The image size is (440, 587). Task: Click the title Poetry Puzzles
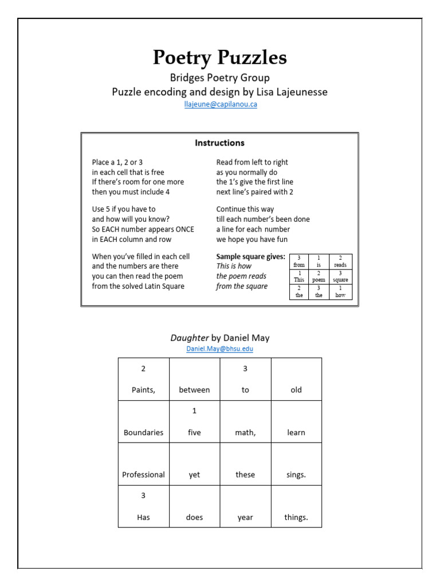(x=219, y=57)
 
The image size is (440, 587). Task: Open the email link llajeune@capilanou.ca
(x=219, y=105)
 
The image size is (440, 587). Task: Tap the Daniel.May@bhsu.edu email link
(x=219, y=349)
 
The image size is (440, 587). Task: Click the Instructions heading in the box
(x=219, y=143)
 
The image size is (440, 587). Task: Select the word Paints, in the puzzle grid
(x=143, y=390)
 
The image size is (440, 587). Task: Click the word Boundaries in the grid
(x=143, y=432)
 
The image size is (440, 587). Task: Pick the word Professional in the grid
(x=143, y=475)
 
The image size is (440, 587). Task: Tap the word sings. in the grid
(x=296, y=475)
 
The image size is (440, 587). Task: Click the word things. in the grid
(x=296, y=517)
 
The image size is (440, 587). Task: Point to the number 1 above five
(x=194, y=411)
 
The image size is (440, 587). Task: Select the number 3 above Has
(x=143, y=496)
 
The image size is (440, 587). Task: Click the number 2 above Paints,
(x=143, y=369)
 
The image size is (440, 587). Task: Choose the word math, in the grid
(x=245, y=432)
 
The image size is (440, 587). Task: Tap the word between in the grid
(x=194, y=390)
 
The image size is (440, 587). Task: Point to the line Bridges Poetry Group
(x=219, y=77)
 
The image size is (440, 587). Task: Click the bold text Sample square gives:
(x=250, y=257)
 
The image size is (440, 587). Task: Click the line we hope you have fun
(x=252, y=239)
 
